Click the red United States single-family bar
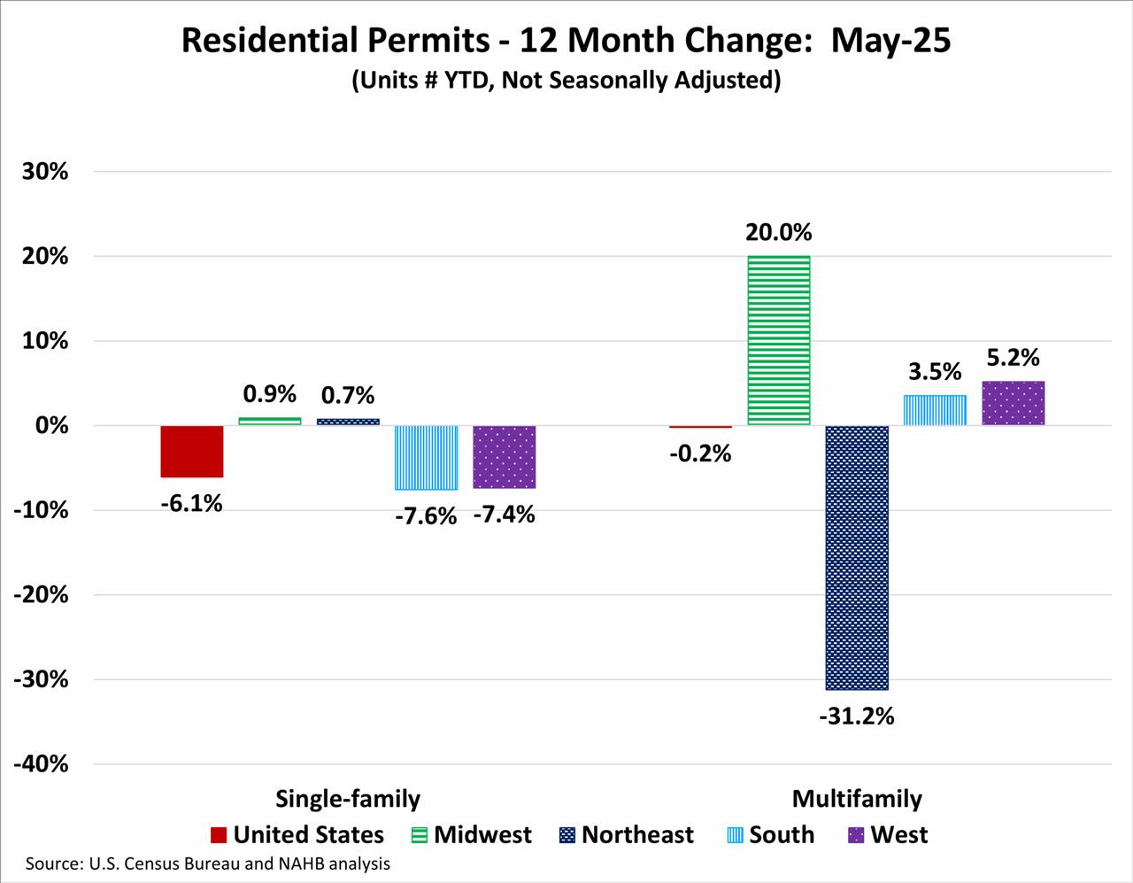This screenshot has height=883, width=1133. click(x=192, y=451)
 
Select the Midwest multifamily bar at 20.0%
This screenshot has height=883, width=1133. click(x=779, y=340)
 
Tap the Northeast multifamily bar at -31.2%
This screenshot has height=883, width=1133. click(x=857, y=557)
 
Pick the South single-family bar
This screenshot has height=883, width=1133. click(x=427, y=457)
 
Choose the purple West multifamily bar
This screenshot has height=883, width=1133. click(x=1014, y=403)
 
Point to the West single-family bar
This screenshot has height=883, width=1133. click(x=505, y=456)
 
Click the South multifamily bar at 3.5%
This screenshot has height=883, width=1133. click(x=935, y=410)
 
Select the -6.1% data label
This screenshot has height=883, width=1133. click(x=192, y=504)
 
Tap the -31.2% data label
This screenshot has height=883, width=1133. click(x=856, y=716)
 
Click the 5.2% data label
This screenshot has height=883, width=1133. click(x=1014, y=358)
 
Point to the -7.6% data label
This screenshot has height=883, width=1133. click(x=426, y=515)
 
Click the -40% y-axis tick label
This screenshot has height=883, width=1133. click(x=41, y=764)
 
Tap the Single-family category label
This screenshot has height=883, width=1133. click(x=348, y=799)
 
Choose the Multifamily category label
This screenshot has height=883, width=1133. click(x=857, y=799)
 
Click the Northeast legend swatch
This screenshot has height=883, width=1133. click(x=567, y=835)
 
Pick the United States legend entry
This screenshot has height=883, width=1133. click(x=297, y=835)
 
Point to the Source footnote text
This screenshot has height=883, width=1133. click(x=207, y=864)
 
